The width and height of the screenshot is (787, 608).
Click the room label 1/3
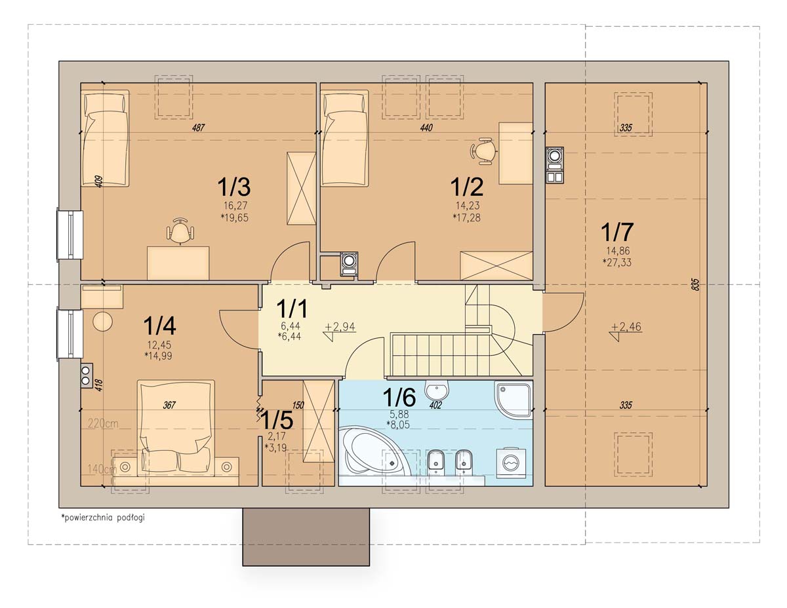pos(233,187)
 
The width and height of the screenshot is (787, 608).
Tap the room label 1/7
pos(617,231)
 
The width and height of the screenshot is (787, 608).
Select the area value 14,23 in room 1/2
pos(468,206)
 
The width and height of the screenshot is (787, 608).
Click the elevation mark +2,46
pos(626,327)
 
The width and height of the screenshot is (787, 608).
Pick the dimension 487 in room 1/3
pos(199,127)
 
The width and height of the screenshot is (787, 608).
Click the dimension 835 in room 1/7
pos(695,284)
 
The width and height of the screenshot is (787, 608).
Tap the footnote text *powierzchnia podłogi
pos(103,518)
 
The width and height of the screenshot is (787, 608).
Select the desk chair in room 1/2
pos(483,151)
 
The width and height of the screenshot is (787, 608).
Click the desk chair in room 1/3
pos(180,231)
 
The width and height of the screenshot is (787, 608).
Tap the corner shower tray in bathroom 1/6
pos(514,398)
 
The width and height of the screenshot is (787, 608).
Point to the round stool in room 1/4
pos(102,321)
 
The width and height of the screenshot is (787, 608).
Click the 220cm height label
pos(103,423)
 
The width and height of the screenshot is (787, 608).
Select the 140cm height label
pos(102,469)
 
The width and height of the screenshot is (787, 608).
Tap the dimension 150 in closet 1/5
pos(298,405)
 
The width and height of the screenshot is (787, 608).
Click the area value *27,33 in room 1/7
pos(616,262)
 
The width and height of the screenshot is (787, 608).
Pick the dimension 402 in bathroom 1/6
pos(435,405)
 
